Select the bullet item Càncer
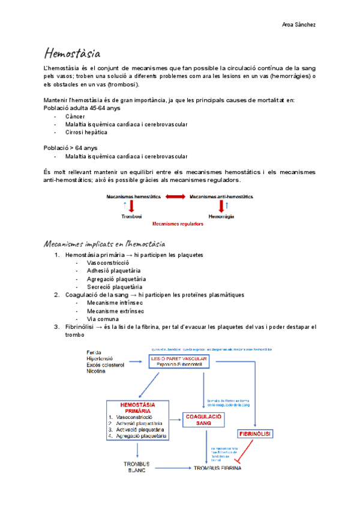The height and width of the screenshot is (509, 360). [x=75, y=116]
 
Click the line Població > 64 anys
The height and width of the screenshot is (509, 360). [x=71, y=148]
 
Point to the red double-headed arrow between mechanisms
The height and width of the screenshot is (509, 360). [x=175, y=196]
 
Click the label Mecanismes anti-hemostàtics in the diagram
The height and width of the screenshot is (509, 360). [x=221, y=196]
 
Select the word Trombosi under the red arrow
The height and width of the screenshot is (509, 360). [x=131, y=216]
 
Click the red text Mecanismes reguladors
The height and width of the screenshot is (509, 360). [x=178, y=224]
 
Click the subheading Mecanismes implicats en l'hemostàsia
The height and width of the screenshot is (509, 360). [x=104, y=243]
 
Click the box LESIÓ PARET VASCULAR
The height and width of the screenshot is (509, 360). [x=179, y=361]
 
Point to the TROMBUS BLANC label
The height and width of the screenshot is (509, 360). [x=137, y=467]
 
